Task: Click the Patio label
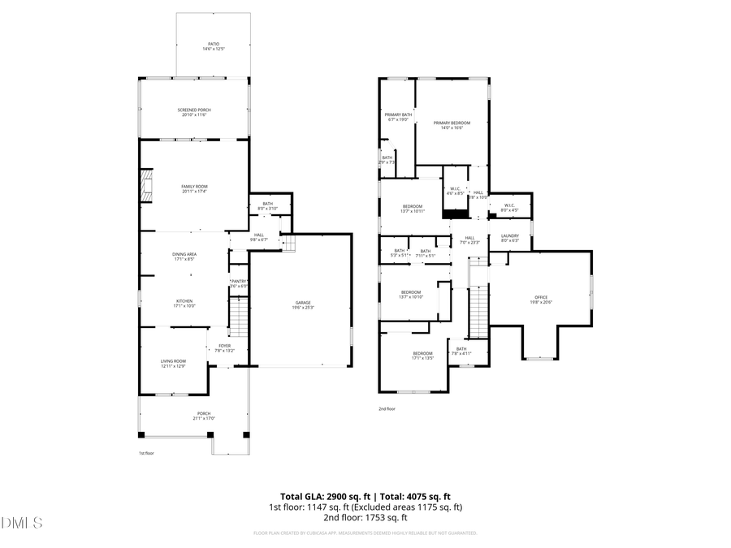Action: pyautogui.click(x=214, y=46)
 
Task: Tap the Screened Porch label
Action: pyautogui.click(x=193, y=112)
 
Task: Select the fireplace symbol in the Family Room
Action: pyautogui.click(x=146, y=184)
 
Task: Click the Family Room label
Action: pyautogui.click(x=194, y=188)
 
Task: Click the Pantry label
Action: pyautogui.click(x=239, y=283)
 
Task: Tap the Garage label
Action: pyautogui.click(x=303, y=305)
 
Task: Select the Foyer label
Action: pyautogui.click(x=224, y=348)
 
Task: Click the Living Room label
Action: pyautogui.click(x=173, y=363)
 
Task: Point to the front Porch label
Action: pyautogui.click(x=192, y=416)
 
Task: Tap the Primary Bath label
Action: pyautogui.click(x=398, y=117)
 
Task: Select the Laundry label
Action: pyautogui.click(x=509, y=238)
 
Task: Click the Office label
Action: pyautogui.click(x=541, y=299)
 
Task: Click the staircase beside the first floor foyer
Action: pyautogui.click(x=238, y=317)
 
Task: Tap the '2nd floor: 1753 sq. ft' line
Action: pyautogui.click(x=365, y=517)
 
